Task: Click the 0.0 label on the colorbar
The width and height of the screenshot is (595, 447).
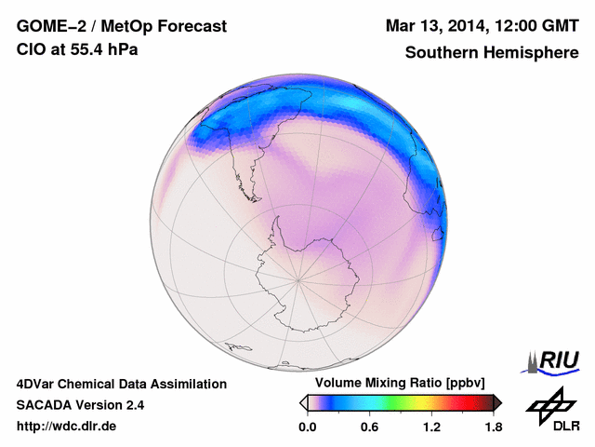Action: pos(307,427)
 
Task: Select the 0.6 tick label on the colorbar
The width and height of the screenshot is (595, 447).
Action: pos(370,427)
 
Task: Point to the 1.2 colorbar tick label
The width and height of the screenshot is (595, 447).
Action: pos(431,427)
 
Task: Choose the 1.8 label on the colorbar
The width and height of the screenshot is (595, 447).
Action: pos(493,427)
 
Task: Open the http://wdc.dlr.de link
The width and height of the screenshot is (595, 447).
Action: pos(67,427)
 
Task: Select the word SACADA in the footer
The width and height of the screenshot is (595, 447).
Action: pos(47,405)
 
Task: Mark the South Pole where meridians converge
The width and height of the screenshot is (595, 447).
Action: pos(297,278)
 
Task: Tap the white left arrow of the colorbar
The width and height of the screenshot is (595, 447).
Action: pos(303,402)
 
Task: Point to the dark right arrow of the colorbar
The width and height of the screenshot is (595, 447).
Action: pos(497,402)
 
